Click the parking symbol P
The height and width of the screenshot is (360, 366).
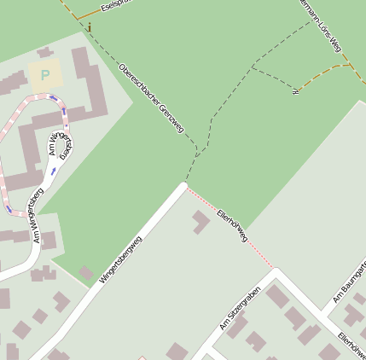pos(44,75)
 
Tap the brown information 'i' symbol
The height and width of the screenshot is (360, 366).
pos(89,27)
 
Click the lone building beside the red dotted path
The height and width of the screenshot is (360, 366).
pos(200,222)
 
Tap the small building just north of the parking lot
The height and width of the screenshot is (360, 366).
pos(44,52)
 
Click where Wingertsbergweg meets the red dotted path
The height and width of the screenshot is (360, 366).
pos(185,185)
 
